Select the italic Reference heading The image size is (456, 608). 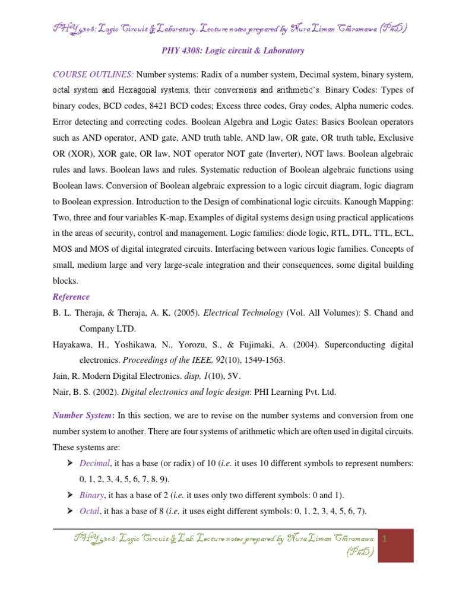point(71,297)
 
